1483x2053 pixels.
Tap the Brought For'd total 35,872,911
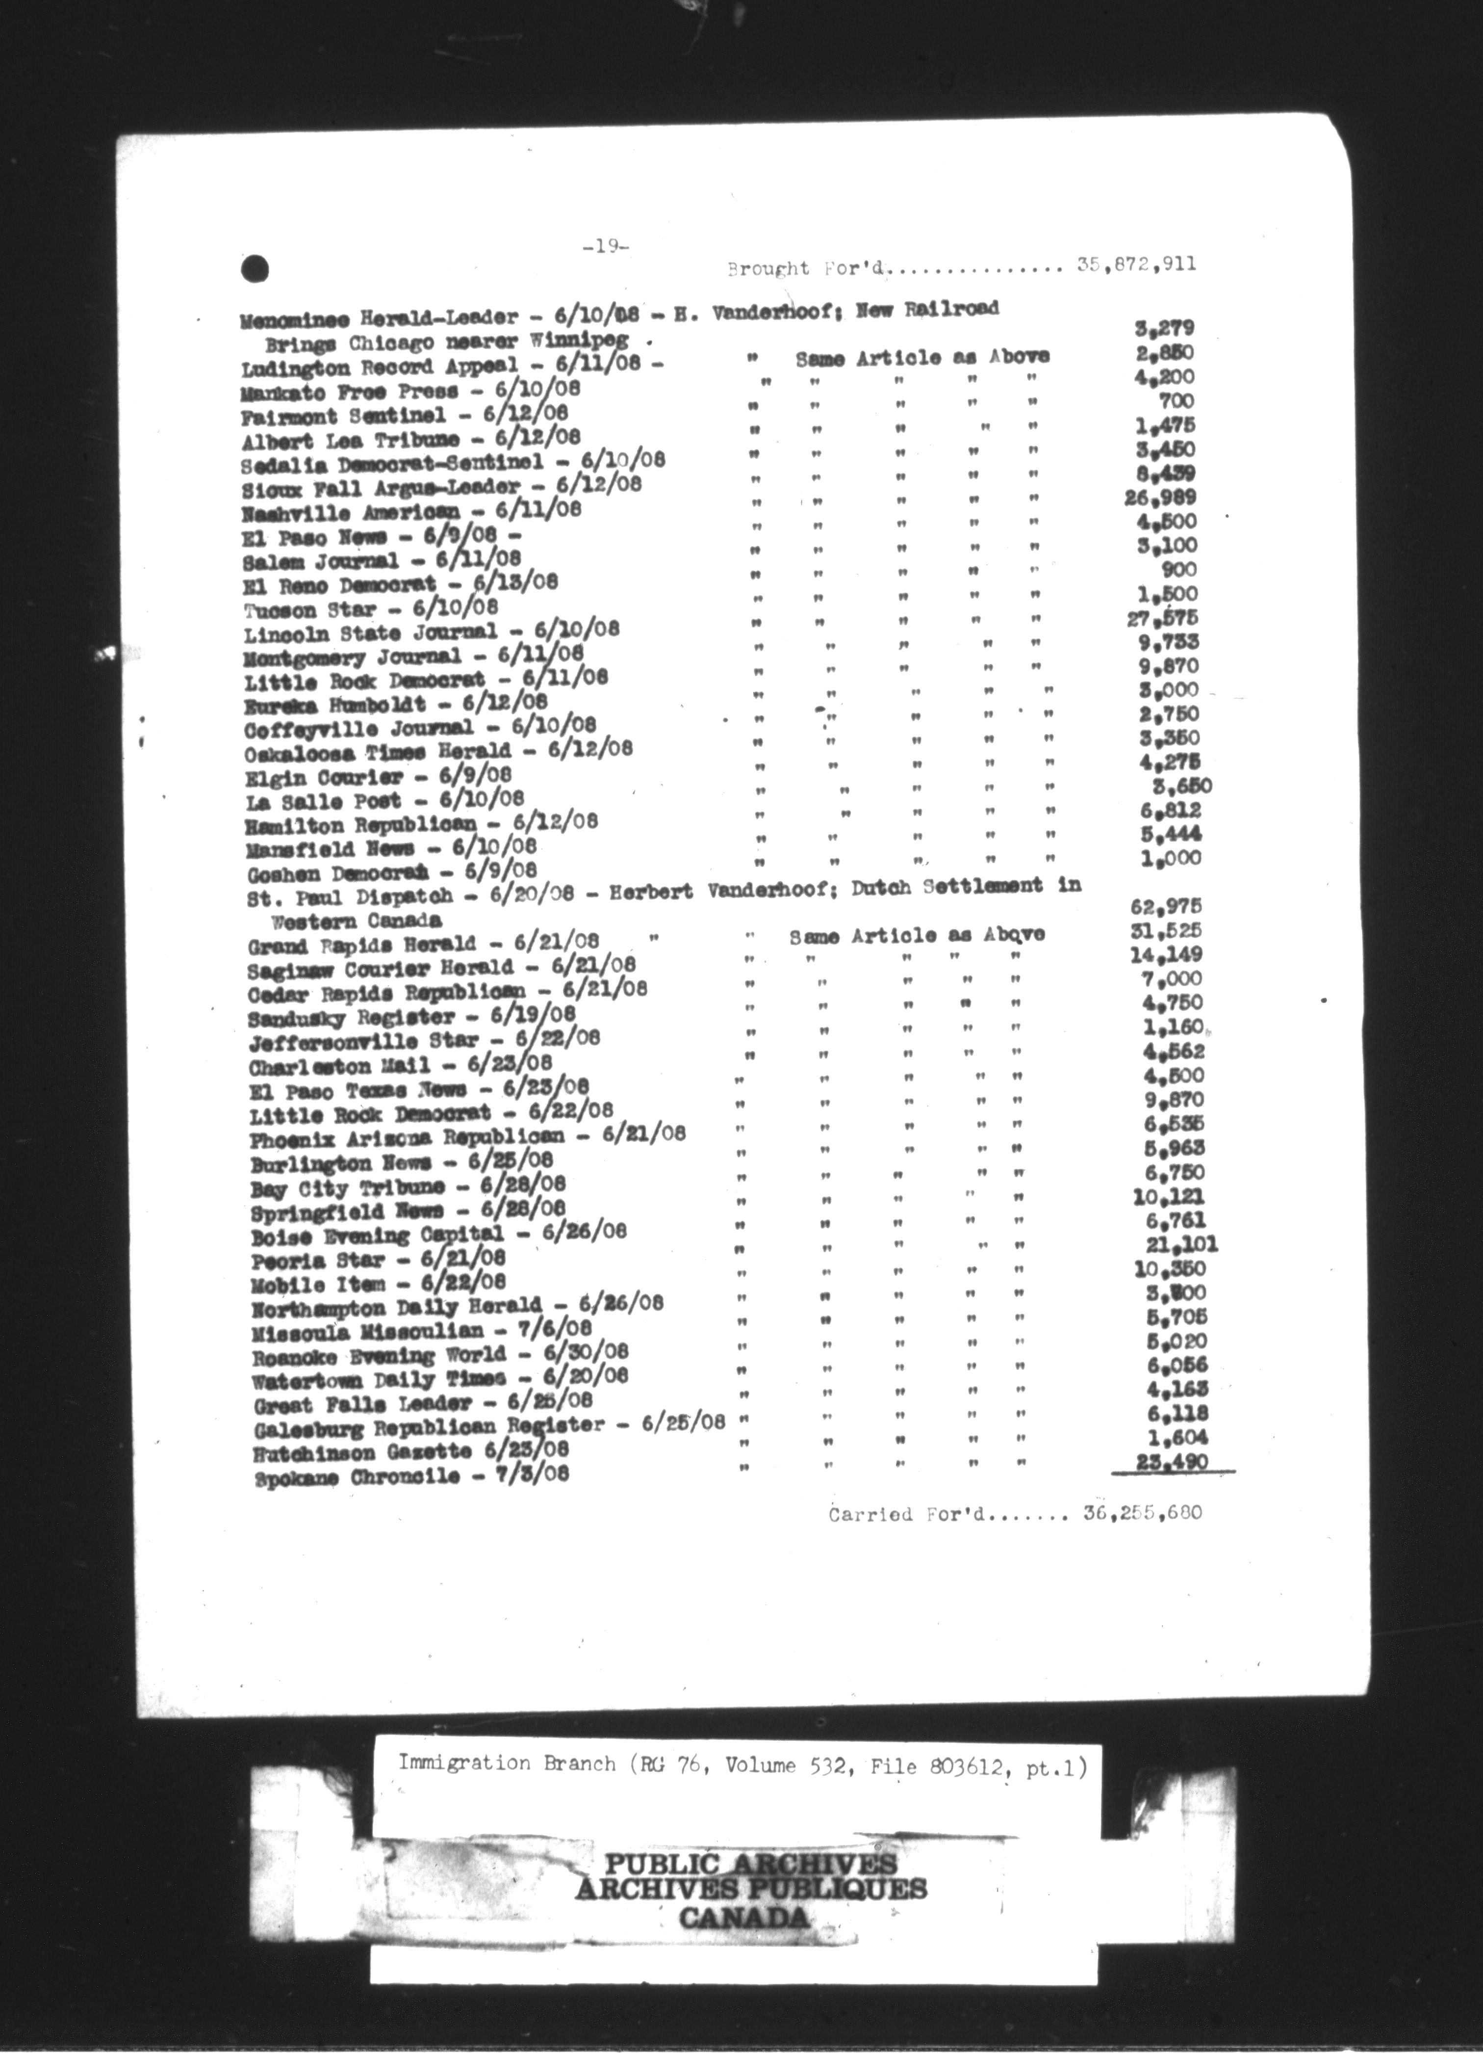pyautogui.click(x=1136, y=264)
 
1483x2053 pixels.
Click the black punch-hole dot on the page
pyautogui.click(x=256, y=268)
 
